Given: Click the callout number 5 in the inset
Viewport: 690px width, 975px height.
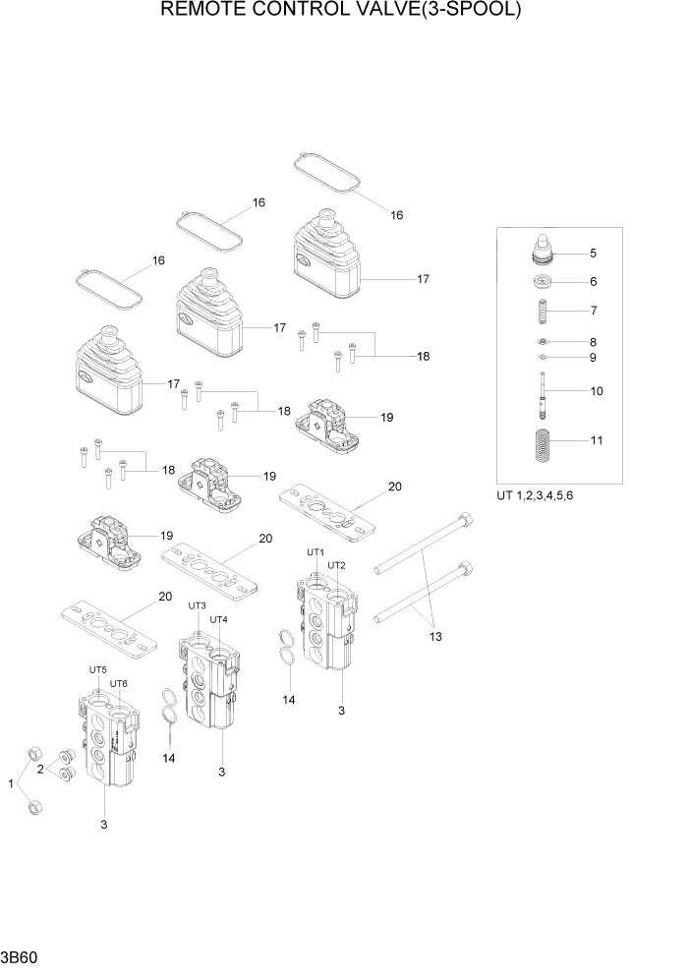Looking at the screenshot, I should click(x=593, y=253).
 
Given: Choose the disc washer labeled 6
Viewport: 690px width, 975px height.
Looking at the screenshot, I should click(x=544, y=284).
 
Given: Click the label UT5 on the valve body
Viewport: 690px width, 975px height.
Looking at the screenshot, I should click(x=97, y=669).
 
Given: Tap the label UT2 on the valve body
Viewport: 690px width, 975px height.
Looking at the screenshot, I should click(x=336, y=565).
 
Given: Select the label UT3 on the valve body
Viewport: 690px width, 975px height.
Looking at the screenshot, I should click(x=197, y=605).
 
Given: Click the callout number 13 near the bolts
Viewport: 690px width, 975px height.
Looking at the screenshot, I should click(x=435, y=636).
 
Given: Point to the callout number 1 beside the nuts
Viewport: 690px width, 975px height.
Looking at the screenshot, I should click(x=12, y=783).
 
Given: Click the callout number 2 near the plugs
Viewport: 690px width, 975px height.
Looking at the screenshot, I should click(x=40, y=770).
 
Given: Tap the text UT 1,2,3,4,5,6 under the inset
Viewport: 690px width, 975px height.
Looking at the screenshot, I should click(x=535, y=494).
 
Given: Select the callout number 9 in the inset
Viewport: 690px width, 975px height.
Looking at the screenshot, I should click(x=593, y=358).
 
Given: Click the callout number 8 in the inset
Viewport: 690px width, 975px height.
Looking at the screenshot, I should click(x=593, y=342).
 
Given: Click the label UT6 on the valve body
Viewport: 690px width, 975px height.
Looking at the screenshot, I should click(x=119, y=683).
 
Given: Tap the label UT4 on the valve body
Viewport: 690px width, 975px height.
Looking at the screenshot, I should click(x=218, y=619).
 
